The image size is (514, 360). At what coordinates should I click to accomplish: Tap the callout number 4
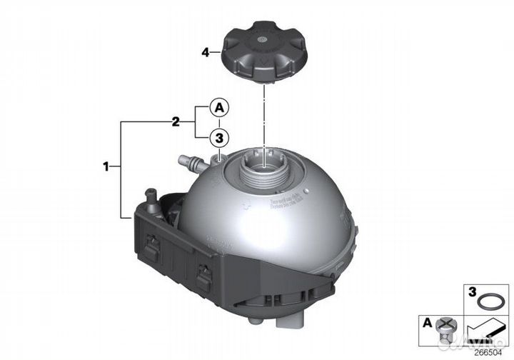click(x=206, y=52)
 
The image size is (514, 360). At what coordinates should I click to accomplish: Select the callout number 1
click(x=108, y=168)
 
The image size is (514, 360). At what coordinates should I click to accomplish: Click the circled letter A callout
click(x=220, y=108)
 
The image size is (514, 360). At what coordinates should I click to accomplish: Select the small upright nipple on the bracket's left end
click(x=151, y=194)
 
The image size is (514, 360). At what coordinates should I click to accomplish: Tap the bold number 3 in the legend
click(x=471, y=293)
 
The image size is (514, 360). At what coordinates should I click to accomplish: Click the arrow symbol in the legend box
click(x=485, y=335)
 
